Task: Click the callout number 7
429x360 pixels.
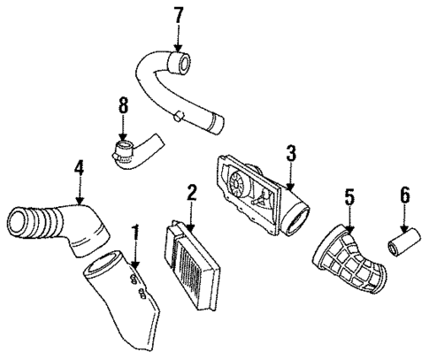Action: [178, 15]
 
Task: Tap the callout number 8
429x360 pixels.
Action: [123, 107]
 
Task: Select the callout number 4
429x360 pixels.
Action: [80, 166]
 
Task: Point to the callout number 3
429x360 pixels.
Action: [290, 153]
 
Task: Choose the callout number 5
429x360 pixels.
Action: [349, 198]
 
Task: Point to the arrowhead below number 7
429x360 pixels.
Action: [178, 47]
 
